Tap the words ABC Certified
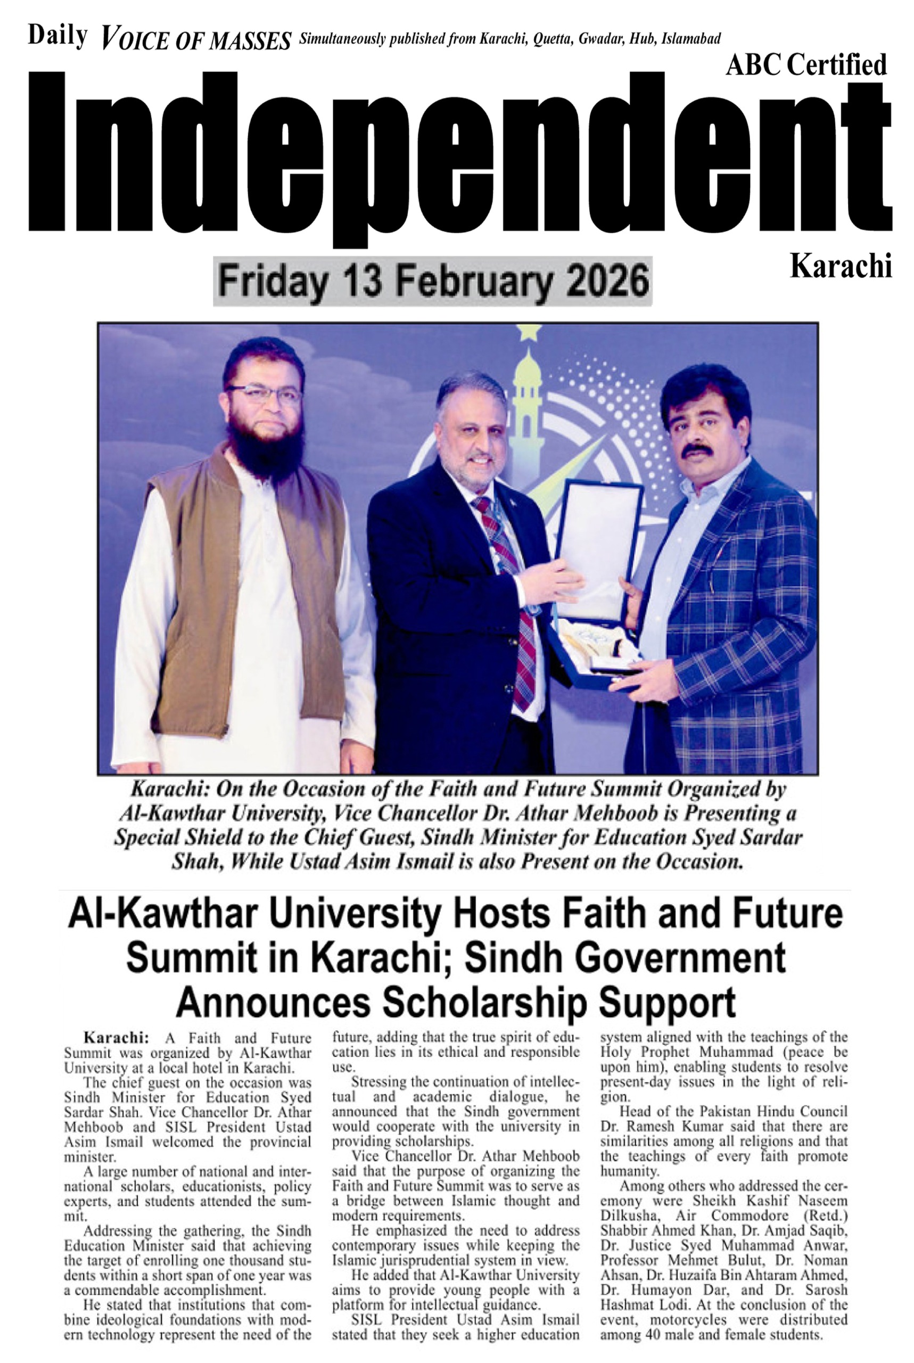(x=805, y=65)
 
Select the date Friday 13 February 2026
(x=433, y=282)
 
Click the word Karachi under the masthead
(x=841, y=266)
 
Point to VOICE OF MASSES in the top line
(x=196, y=42)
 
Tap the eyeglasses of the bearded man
(x=265, y=395)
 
